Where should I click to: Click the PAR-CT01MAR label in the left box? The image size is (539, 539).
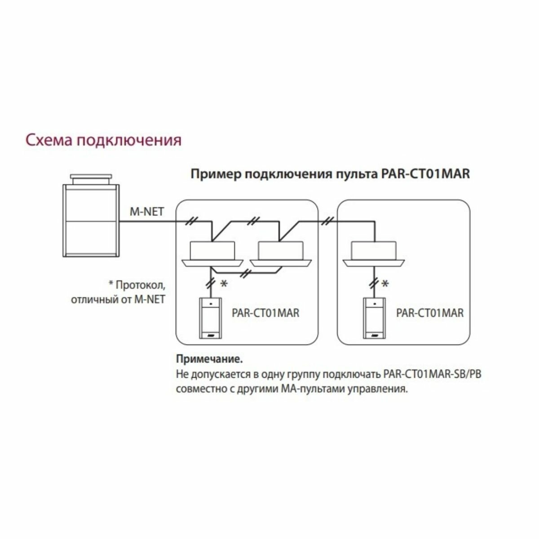pyautogui.click(x=265, y=313)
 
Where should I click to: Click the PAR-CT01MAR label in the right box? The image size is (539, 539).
pyautogui.click(x=430, y=313)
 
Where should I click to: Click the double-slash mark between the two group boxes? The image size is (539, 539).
pyautogui.click(x=328, y=221)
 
